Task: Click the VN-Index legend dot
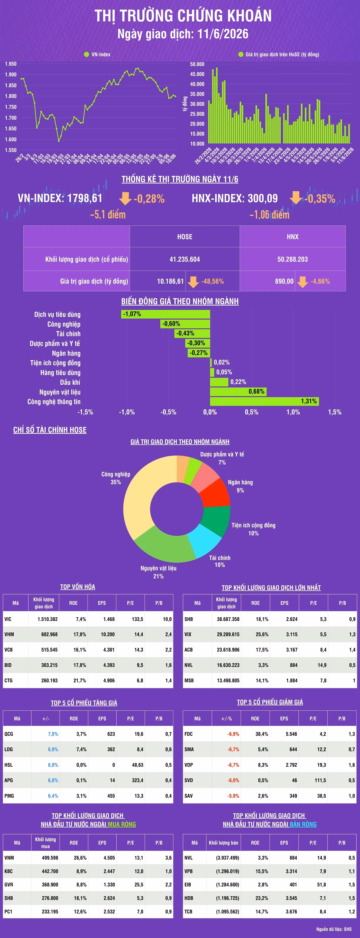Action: pos(87,54)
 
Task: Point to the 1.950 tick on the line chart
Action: pos(10,64)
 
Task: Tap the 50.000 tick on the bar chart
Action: pos(197,64)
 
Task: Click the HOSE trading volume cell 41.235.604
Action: pos(184,259)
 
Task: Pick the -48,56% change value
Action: pos(213,281)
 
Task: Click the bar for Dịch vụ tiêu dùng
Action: pos(166,314)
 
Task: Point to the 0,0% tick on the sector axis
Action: pos(210,412)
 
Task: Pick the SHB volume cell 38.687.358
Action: pos(228,619)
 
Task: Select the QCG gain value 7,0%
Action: pos(53,734)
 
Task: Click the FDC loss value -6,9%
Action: pos(233,734)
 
